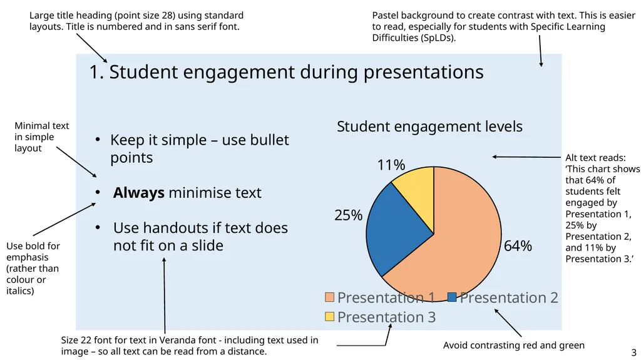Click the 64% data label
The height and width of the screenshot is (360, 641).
[x=518, y=246]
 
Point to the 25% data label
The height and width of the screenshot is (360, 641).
[x=348, y=215]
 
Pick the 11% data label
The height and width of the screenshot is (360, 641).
[x=391, y=165]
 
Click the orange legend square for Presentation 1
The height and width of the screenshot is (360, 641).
[x=329, y=297]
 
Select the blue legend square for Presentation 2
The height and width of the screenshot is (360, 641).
[x=452, y=297]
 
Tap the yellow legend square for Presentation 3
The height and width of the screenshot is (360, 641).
[x=329, y=317]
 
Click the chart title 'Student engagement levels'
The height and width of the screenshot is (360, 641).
[x=429, y=127]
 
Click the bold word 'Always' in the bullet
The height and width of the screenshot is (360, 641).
[x=138, y=193]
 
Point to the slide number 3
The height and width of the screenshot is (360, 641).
[x=633, y=352]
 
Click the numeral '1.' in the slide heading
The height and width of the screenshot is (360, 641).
[x=96, y=73]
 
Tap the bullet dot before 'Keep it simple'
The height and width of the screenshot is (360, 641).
[x=98, y=140]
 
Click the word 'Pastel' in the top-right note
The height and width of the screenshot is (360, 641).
[x=386, y=15]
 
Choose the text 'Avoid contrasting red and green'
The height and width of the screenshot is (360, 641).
[x=513, y=345]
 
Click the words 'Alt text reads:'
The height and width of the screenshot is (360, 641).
[x=595, y=158]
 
